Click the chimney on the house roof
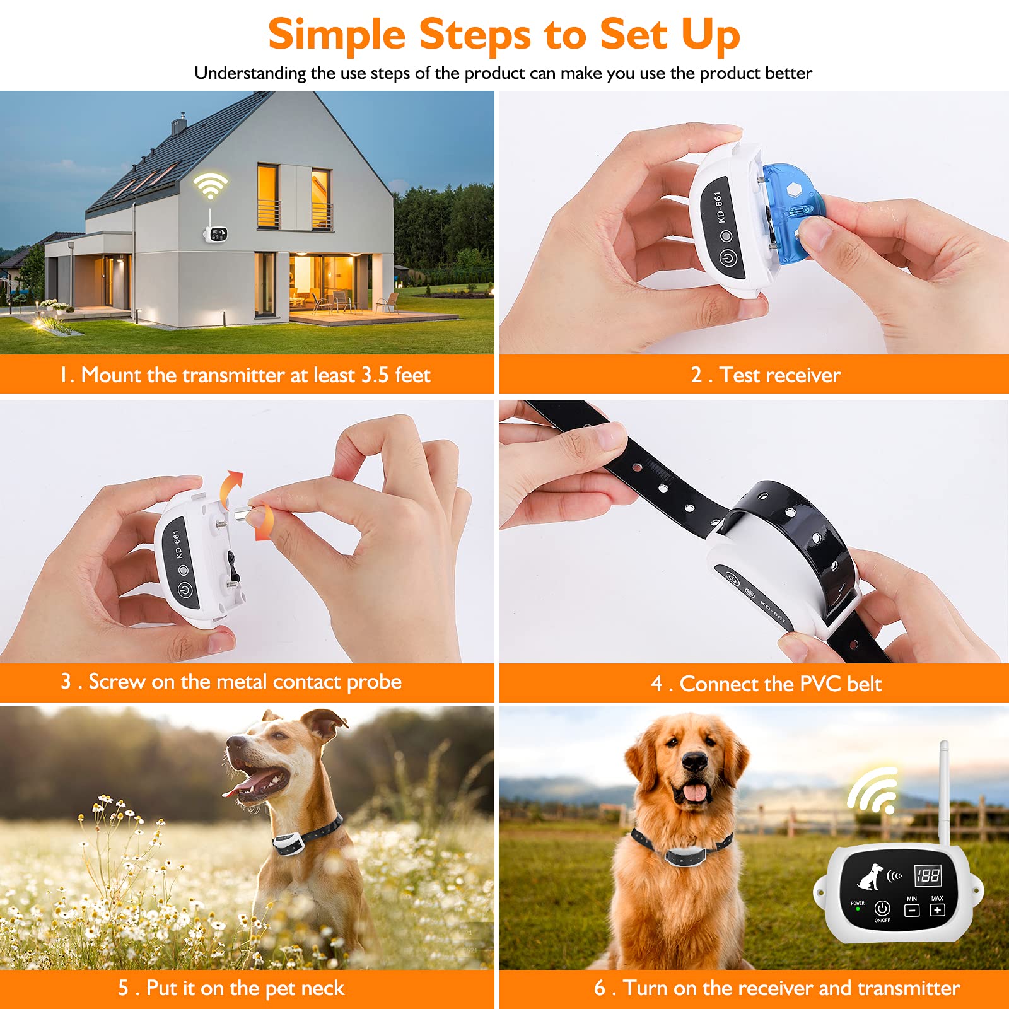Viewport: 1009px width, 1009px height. point(180,124)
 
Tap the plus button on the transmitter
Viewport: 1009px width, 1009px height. point(937,910)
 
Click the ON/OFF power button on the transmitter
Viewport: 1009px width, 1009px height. point(882,909)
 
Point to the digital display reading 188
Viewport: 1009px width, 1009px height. point(928,875)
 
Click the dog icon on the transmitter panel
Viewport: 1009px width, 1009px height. point(870,877)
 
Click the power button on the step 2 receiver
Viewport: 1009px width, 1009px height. point(728,258)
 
